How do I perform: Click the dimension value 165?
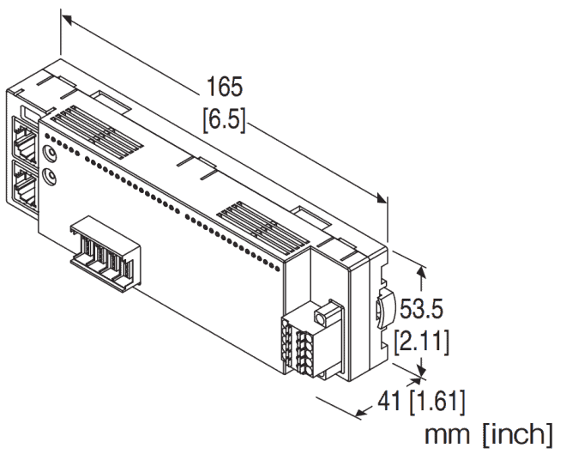pos(225,88)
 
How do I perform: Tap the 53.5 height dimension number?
pos(424,306)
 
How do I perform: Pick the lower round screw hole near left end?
pos(51,176)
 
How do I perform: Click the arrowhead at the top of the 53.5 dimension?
pos(419,270)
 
